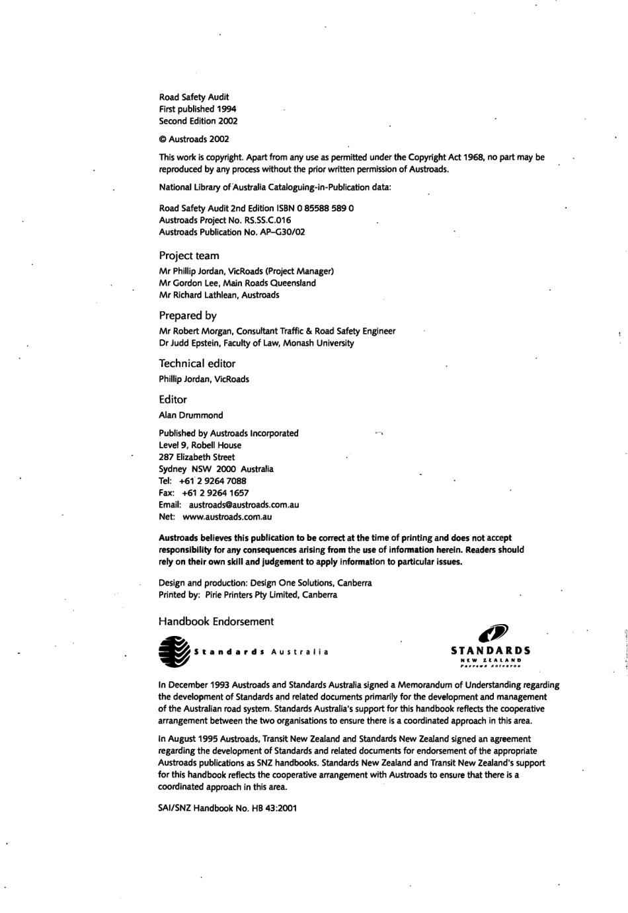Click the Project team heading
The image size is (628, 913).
coord(189,256)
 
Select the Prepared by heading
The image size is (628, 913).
coord(188,316)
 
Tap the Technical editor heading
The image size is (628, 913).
coord(197,364)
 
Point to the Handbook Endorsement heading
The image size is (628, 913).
coord(216,621)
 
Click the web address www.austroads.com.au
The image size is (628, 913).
coord(227,517)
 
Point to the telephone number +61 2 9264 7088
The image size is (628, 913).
coord(212,481)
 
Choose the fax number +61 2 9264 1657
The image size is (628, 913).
coord(214,493)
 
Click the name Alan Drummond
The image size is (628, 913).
coord(191,416)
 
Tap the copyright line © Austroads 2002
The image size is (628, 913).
coord(194,139)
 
